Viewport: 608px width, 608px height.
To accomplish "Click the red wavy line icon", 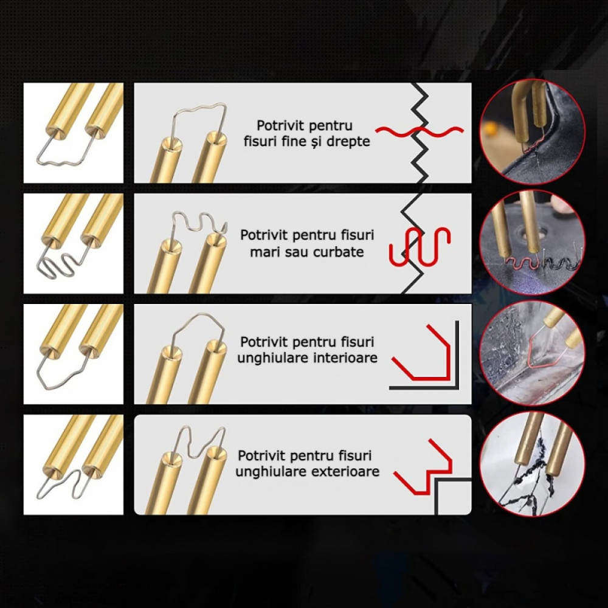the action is (420, 132).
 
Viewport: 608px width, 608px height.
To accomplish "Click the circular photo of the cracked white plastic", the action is (533, 463).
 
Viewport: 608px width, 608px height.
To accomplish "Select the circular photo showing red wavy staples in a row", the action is (533, 243).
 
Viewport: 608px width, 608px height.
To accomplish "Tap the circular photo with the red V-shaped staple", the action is (533, 353).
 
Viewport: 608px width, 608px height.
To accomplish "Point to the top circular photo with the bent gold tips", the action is (533, 132).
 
